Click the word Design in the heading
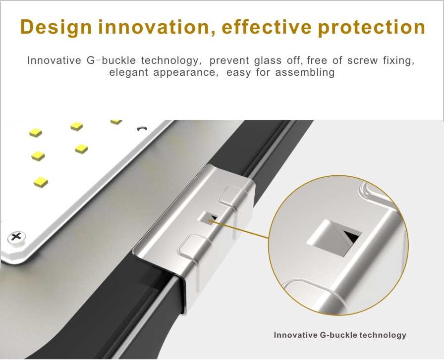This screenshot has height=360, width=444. (56, 27)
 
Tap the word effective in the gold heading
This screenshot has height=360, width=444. (267, 27)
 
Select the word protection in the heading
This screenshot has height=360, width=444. (372, 28)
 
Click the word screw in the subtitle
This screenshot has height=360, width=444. (362, 60)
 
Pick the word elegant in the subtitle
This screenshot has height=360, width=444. (128, 72)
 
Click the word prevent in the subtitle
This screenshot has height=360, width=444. (229, 60)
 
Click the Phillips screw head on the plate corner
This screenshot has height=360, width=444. (16, 237)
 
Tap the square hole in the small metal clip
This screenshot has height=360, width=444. (208, 218)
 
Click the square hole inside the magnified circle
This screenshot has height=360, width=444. (334, 238)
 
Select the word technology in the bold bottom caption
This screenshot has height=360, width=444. (383, 335)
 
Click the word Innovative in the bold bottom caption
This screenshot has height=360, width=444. (296, 335)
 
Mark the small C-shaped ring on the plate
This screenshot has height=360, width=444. (142, 129)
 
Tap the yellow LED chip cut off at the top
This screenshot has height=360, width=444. (116, 122)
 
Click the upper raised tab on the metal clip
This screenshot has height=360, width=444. (230, 195)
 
